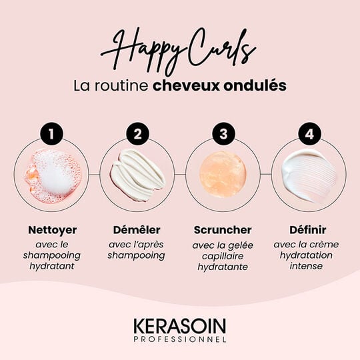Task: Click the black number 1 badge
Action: (x=52, y=133)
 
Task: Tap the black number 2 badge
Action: (x=137, y=133)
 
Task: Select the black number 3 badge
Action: (x=223, y=133)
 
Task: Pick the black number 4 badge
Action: (x=308, y=133)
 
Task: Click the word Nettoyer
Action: (x=53, y=230)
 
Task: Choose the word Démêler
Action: (x=137, y=230)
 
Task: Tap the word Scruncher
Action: (x=223, y=230)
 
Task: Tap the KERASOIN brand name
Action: (x=179, y=327)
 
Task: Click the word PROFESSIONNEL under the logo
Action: (x=179, y=339)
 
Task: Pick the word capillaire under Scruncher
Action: (x=223, y=255)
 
